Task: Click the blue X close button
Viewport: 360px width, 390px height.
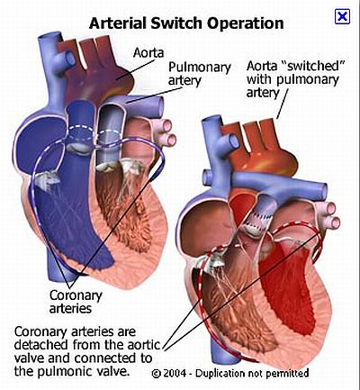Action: click(342, 16)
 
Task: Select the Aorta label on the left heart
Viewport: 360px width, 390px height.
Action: click(148, 52)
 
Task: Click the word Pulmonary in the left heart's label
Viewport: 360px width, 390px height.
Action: click(199, 68)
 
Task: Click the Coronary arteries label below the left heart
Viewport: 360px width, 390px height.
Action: click(76, 302)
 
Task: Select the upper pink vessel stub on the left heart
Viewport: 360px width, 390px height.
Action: click(165, 125)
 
